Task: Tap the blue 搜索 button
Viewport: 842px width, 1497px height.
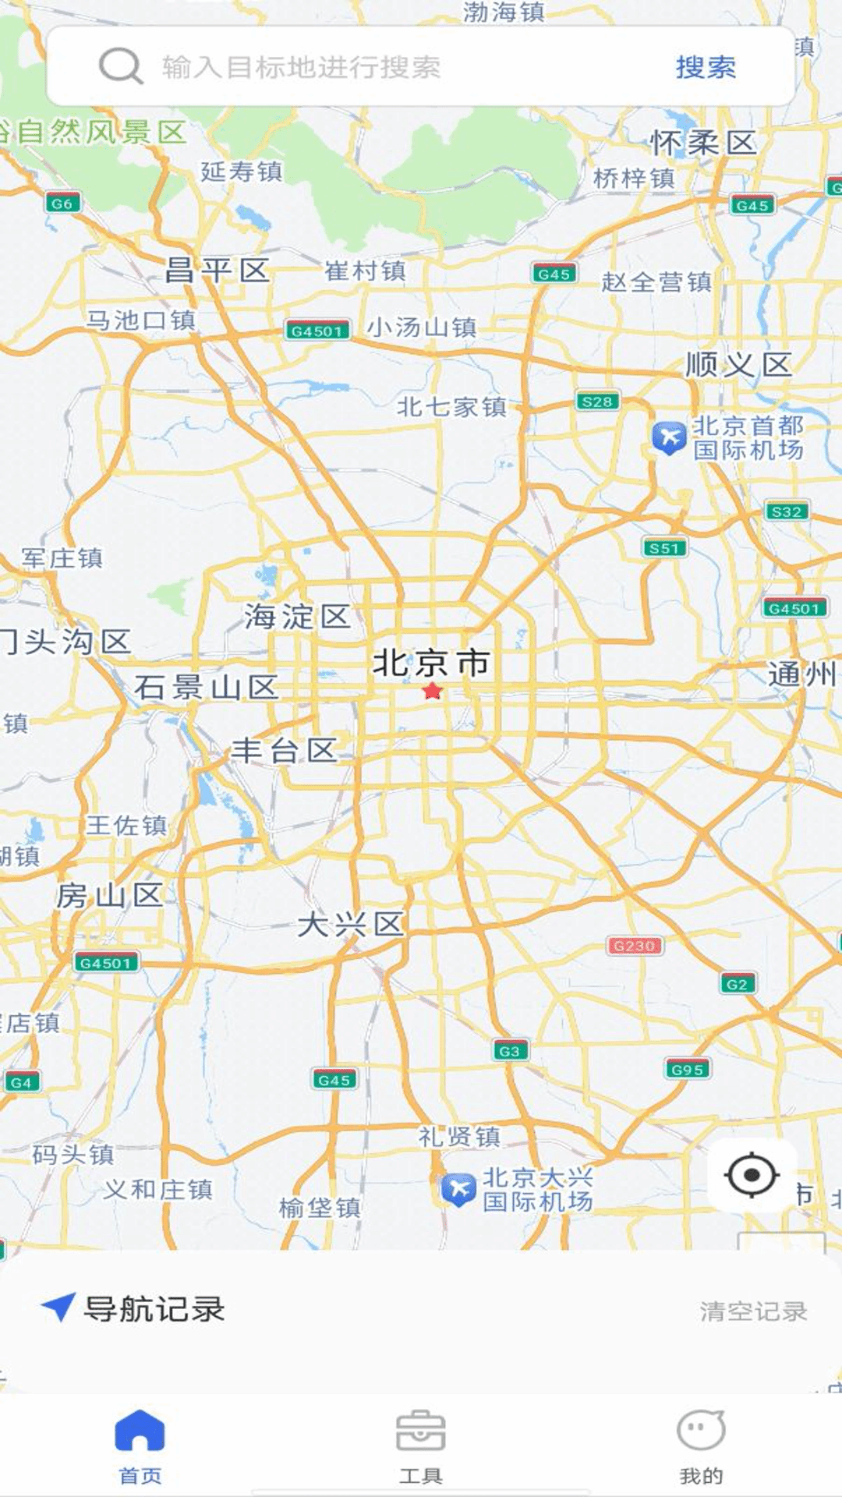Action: pyautogui.click(x=706, y=67)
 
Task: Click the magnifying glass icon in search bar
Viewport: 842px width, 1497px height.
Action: pyautogui.click(x=120, y=66)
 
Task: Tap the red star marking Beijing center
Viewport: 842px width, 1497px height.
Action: pyautogui.click(x=432, y=692)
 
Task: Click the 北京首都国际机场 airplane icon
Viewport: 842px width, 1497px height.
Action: pyautogui.click(x=669, y=437)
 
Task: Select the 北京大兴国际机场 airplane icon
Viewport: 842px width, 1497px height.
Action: pyautogui.click(x=458, y=1189)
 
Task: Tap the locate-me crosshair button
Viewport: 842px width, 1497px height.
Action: pyautogui.click(x=752, y=1175)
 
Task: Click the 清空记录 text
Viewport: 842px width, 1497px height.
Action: pyautogui.click(x=752, y=1311)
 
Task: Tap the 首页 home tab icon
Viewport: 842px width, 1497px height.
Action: pyautogui.click(x=140, y=1431)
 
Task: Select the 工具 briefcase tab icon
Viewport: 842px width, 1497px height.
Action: pyautogui.click(x=420, y=1431)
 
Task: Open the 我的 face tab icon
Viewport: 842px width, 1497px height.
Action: pyautogui.click(x=701, y=1431)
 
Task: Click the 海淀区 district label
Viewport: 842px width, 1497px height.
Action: pyautogui.click(x=297, y=616)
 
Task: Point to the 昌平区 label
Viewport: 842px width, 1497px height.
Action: pyautogui.click(x=218, y=271)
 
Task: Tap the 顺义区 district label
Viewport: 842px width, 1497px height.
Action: pyautogui.click(x=738, y=364)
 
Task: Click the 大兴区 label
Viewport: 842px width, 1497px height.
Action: pyautogui.click(x=350, y=925)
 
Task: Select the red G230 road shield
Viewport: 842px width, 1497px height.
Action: pyautogui.click(x=635, y=946)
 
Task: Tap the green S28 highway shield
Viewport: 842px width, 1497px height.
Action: pyautogui.click(x=597, y=402)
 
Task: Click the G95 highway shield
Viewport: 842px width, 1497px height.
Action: pyautogui.click(x=687, y=1069)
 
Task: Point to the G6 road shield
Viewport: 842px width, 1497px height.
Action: pyautogui.click(x=62, y=203)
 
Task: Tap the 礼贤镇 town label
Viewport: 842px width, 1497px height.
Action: pyautogui.click(x=459, y=1136)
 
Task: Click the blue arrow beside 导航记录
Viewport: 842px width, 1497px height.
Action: pyautogui.click(x=58, y=1307)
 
